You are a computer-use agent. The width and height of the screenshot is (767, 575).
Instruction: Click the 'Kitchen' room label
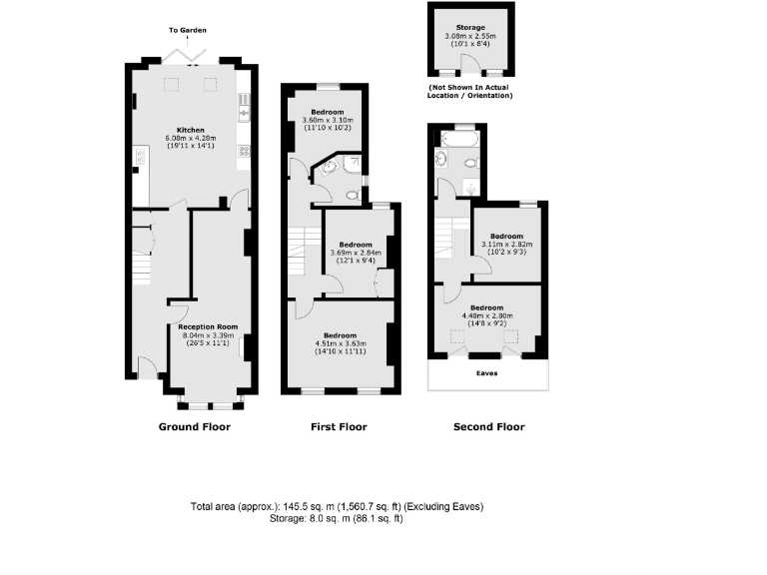(191, 130)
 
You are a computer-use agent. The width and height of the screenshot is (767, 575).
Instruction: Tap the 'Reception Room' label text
(208, 326)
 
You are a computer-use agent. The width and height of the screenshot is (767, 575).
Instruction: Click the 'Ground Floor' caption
(195, 426)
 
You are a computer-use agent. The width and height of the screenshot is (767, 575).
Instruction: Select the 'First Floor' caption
(340, 426)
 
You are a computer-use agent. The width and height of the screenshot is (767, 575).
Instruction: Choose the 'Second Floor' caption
(488, 426)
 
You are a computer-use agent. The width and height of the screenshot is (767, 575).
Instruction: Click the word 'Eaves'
(486, 373)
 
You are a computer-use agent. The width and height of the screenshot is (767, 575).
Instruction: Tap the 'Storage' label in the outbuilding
(470, 27)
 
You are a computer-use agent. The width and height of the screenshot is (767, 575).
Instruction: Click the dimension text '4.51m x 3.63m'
(342, 344)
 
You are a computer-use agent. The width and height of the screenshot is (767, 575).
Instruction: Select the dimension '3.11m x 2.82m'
(507, 244)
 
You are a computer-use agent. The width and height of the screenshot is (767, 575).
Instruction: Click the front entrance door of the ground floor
(146, 369)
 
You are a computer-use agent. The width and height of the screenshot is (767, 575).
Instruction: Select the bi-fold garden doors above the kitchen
(186, 55)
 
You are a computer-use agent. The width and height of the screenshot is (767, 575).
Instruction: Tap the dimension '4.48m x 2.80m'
(486, 315)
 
